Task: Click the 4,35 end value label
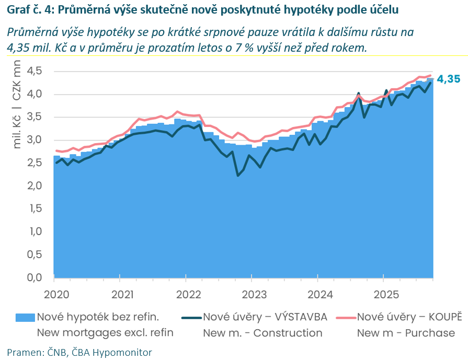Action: click(x=449, y=79)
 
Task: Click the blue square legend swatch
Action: click(x=26, y=317)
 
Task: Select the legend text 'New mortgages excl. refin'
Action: click(x=105, y=333)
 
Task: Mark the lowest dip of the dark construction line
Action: click(x=238, y=176)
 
